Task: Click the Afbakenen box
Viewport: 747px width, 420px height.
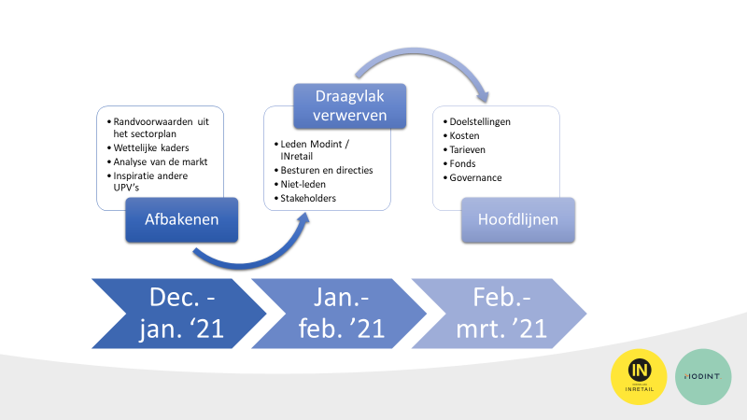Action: pos(181,219)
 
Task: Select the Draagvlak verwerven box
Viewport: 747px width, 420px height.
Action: pos(349,105)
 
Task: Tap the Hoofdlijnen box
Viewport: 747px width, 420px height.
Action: pos(518,219)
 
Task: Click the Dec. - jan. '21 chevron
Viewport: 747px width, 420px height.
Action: pos(179,314)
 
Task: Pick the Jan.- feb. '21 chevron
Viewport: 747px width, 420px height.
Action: pos(339,314)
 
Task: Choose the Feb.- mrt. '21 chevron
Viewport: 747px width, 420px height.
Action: pos(500,314)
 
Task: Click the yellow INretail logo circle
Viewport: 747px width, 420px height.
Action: pos(639,377)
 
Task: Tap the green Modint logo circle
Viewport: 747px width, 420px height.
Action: pos(703,377)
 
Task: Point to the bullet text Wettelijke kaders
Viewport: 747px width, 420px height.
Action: pos(151,147)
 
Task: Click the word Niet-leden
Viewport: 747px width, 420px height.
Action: pos(303,184)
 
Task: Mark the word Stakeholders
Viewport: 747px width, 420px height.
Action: pos(308,198)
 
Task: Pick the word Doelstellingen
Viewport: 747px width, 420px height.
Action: pos(480,122)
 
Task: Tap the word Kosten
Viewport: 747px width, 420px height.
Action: pos(464,135)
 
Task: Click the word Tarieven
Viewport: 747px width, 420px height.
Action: pos(467,149)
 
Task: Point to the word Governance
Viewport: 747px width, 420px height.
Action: pos(475,177)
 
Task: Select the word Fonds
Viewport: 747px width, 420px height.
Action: pos(462,164)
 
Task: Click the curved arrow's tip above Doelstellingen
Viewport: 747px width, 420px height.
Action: pos(485,102)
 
